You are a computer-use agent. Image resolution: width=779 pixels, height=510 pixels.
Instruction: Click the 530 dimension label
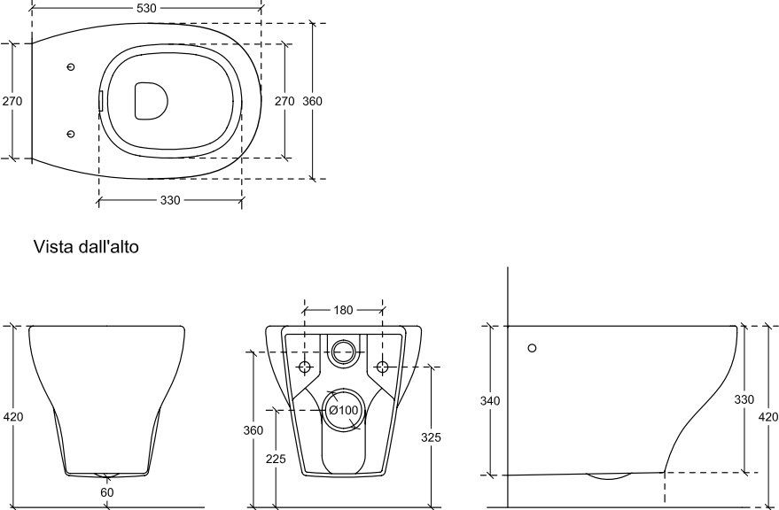point(145,8)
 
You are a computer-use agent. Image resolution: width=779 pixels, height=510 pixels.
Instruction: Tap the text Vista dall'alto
point(86,246)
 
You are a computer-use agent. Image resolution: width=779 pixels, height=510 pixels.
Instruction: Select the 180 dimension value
point(343,311)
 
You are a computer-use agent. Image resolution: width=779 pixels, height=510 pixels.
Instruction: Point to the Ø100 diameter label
point(343,410)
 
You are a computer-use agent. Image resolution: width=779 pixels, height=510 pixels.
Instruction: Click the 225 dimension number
point(276,459)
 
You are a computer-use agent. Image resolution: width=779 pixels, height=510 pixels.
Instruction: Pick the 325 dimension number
point(431,437)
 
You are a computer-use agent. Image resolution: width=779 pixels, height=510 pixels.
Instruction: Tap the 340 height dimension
point(490,401)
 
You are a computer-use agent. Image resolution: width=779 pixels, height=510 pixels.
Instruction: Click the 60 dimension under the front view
point(107,492)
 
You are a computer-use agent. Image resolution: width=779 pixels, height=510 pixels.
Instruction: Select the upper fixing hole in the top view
point(71,66)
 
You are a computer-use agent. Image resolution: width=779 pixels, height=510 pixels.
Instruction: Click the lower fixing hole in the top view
point(71,134)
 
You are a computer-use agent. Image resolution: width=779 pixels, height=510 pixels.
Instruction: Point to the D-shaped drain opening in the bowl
point(151,101)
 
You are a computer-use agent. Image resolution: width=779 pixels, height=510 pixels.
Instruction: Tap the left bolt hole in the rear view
point(305,367)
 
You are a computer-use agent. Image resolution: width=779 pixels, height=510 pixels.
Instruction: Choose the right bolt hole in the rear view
point(382,367)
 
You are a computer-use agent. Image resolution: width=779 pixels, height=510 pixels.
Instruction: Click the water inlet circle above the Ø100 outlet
point(344,352)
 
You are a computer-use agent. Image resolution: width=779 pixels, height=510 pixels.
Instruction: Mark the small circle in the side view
point(532,348)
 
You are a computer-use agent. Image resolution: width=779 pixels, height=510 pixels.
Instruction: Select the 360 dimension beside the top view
point(312,101)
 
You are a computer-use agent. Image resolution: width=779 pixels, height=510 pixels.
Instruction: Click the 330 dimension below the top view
point(170,201)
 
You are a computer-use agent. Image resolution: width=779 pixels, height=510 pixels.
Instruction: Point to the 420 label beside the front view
point(13,417)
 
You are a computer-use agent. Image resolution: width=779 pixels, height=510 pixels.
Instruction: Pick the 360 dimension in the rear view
point(253,430)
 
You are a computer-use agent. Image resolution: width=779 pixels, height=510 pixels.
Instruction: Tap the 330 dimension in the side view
point(744,399)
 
